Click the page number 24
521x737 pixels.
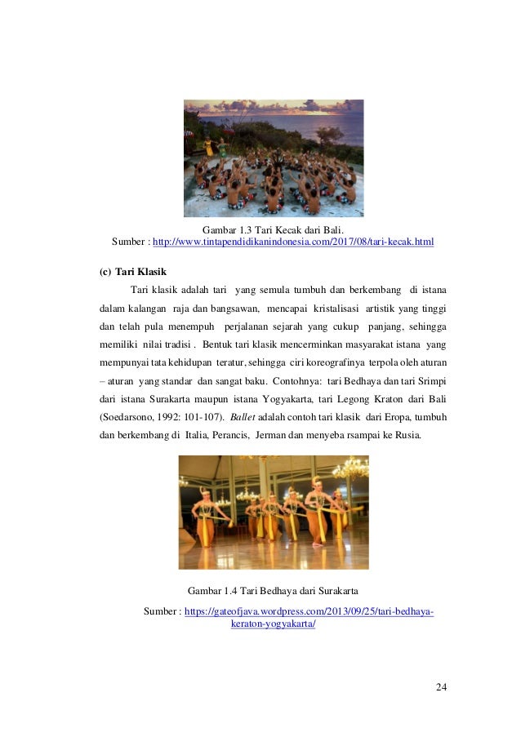[441, 686]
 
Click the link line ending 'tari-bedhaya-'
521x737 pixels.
[309, 611]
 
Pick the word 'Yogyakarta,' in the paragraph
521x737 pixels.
[336, 399]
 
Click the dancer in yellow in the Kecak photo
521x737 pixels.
[208, 147]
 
